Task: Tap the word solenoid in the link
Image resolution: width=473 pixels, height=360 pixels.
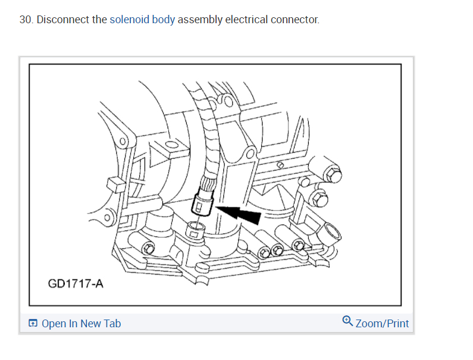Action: pos(129,20)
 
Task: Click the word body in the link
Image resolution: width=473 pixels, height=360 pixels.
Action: pos(164,20)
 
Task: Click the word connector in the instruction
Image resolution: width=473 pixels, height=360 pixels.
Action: pos(295,20)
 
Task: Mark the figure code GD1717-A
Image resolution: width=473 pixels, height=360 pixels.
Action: pos(76,283)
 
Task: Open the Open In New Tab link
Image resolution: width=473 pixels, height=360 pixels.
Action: pos(81,324)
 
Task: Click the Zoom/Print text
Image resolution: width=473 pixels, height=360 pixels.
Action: pos(382,324)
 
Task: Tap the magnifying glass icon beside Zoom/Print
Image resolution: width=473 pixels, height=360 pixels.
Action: pos(347,321)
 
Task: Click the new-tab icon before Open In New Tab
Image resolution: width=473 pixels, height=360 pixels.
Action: pos(33,324)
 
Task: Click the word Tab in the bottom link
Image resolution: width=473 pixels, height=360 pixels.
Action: pos(112,324)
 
